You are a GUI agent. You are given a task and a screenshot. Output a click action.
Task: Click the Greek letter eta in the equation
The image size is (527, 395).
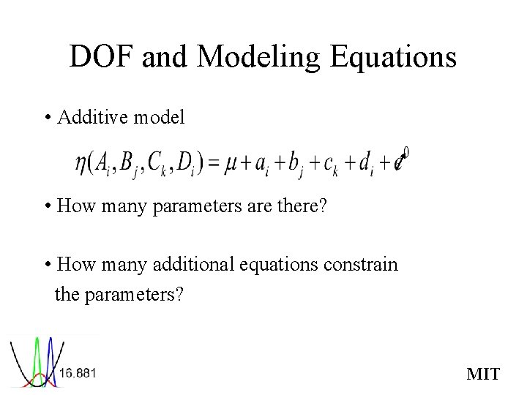81,163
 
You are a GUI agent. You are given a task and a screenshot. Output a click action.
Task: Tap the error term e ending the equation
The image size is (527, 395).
399,163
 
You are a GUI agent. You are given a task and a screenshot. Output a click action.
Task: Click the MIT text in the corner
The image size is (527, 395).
483,374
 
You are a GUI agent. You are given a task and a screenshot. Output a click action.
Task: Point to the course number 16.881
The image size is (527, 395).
78,373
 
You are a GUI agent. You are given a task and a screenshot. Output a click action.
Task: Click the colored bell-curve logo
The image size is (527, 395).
33,361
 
